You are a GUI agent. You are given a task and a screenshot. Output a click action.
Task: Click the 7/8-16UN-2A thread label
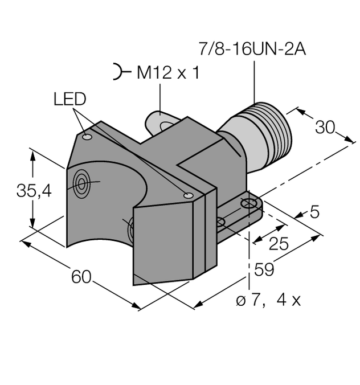pyautogui.click(x=252, y=49)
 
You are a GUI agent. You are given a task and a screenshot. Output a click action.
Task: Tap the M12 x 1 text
pyautogui.click(x=168, y=73)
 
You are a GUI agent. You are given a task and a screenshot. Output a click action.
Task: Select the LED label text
pyautogui.click(x=70, y=99)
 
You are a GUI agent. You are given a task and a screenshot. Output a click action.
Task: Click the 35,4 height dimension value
pyautogui.click(x=34, y=191)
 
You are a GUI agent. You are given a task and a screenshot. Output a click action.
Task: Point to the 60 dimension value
pyautogui.click(x=81, y=277)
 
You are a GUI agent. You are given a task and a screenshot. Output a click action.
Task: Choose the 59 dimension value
pyautogui.click(x=264, y=269)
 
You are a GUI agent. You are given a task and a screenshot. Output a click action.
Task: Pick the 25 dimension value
pyautogui.click(x=279, y=244)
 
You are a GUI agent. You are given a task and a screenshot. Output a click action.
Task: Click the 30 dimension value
pyautogui.click(x=325, y=127)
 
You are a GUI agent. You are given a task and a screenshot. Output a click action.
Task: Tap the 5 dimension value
pyautogui.click(x=314, y=212)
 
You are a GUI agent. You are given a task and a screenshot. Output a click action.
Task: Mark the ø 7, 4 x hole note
pyautogui.click(x=268, y=300)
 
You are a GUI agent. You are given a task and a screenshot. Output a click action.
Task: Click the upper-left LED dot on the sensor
pyautogui.click(x=87, y=137)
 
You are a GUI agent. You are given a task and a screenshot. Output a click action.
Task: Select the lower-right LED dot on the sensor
pyautogui.click(x=189, y=195)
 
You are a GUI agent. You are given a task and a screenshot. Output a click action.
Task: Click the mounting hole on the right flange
pyautogui.click(x=248, y=203)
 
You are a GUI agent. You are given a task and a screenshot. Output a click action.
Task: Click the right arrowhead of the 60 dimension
pyautogui.click(x=136, y=306)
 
